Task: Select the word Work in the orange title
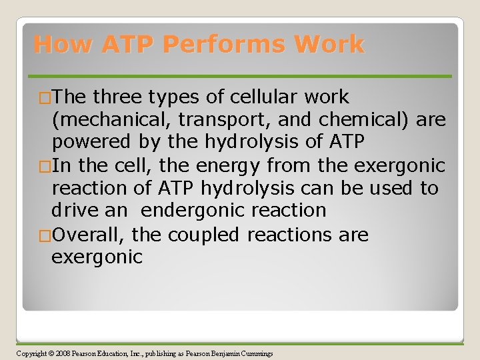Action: pyautogui.click(x=331, y=45)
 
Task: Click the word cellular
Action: pyautogui.click(x=262, y=97)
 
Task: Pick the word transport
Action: pyautogui.click(x=207, y=121)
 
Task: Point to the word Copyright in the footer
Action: pyautogui.click(x=31, y=353)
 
